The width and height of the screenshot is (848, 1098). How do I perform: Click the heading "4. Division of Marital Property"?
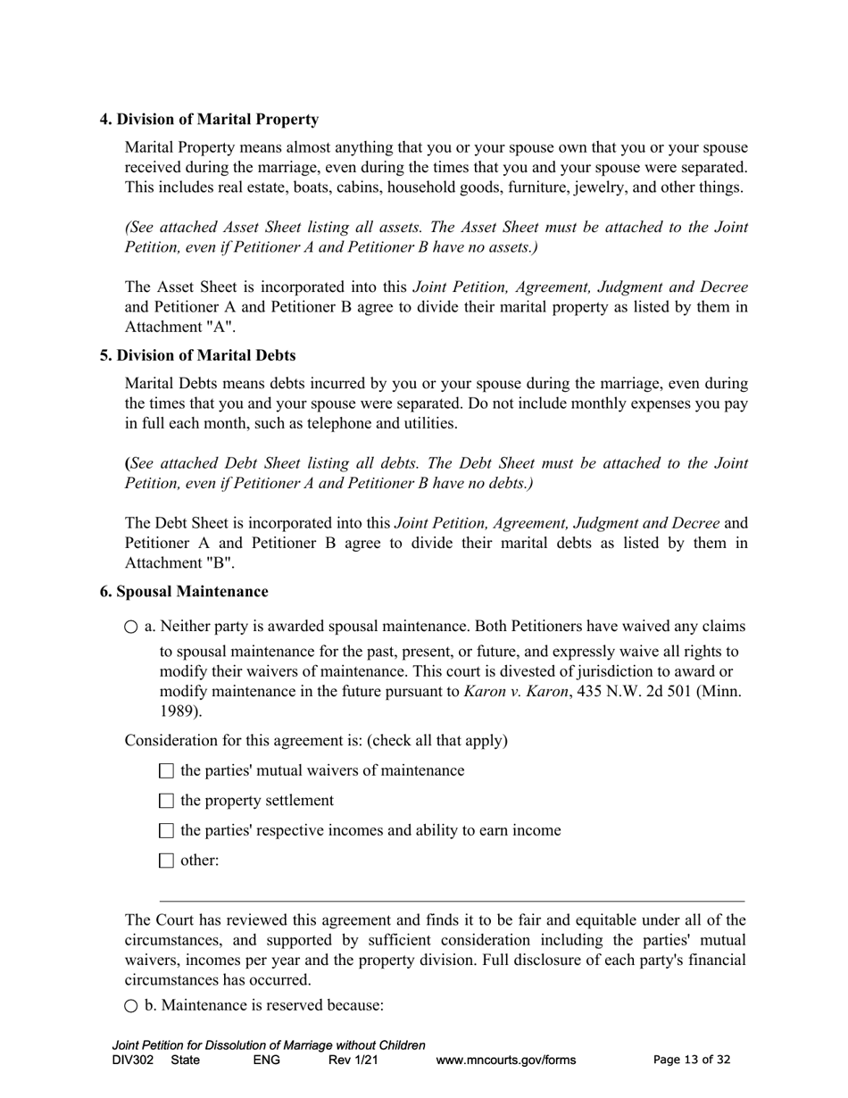(x=209, y=120)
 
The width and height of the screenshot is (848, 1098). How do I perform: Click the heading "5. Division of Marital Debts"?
(x=197, y=356)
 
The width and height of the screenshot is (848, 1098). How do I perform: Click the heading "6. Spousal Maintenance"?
(x=184, y=592)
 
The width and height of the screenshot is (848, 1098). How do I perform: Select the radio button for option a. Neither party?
(x=132, y=628)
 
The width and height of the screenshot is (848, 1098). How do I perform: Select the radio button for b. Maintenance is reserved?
(x=132, y=1006)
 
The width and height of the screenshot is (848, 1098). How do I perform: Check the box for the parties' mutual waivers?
(x=166, y=771)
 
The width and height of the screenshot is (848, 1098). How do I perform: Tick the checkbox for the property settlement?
(x=166, y=801)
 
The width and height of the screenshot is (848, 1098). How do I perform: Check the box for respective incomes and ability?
(x=166, y=831)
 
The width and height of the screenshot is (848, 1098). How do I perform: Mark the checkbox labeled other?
(x=166, y=861)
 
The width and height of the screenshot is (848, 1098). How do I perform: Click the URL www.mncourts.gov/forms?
(x=506, y=1061)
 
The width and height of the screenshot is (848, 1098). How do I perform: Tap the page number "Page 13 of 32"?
(x=692, y=1061)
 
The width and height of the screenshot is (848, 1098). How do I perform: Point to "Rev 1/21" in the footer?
(x=353, y=1061)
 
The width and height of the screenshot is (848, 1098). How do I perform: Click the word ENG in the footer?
(x=267, y=1061)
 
